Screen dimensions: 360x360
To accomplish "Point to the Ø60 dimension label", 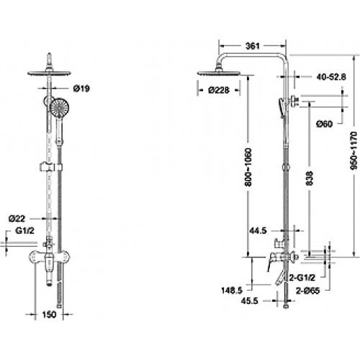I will [x=324, y=124].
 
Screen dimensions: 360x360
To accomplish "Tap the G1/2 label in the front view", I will [x=26, y=230].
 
